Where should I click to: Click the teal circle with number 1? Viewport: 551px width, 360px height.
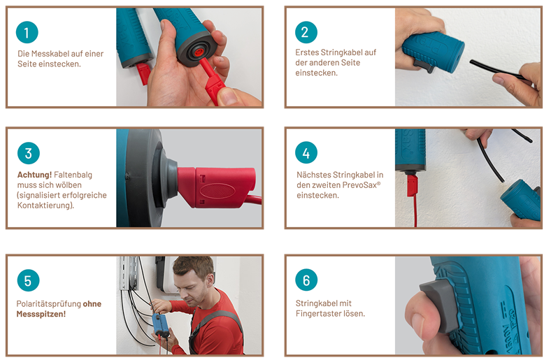pos(27,32)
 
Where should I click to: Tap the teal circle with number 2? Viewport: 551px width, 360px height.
pos(306,32)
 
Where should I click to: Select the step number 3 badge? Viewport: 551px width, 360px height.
pos(28,153)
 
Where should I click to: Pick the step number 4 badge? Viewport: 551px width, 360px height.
pos(306,153)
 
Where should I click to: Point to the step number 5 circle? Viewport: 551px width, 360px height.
pos(28,280)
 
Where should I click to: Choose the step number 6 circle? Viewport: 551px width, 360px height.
pos(306,280)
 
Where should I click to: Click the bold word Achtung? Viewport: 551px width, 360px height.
pos(34,175)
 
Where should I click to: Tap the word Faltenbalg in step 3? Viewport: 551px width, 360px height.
pos(73,175)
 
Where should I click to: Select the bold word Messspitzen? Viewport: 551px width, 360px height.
pos(41,314)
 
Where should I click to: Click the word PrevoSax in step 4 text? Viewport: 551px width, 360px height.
pos(362,185)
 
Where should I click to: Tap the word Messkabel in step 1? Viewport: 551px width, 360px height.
pos(50,54)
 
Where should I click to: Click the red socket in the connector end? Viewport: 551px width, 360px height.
pos(199,52)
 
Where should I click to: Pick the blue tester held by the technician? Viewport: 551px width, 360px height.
pos(160,326)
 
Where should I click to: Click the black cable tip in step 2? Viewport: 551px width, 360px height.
pos(471,62)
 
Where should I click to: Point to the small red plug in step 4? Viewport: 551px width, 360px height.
pos(412,185)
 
